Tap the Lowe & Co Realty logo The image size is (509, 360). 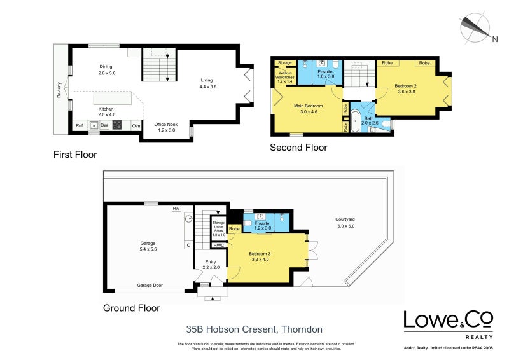click(x=449, y=324)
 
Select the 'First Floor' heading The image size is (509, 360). click(x=75, y=154)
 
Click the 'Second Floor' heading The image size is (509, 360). click(x=298, y=148)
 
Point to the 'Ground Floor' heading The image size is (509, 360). click(x=131, y=308)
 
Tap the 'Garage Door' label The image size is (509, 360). click(x=150, y=286)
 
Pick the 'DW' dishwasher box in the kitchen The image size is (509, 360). click(x=103, y=125)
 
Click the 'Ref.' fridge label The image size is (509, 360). click(x=80, y=125)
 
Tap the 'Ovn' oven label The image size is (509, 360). click(x=136, y=125)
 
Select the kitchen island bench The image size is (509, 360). click(x=113, y=98)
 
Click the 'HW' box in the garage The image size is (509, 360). click(x=176, y=209)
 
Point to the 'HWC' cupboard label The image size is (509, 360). click(x=219, y=245)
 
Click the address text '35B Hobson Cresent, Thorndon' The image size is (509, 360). click(x=254, y=329)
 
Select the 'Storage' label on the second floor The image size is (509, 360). click(x=285, y=62)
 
